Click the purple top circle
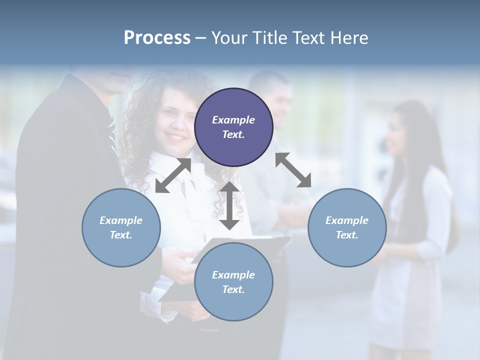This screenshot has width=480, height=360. click(x=233, y=127)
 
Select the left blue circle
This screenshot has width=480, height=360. click(x=121, y=227)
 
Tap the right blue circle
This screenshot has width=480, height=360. click(x=347, y=227)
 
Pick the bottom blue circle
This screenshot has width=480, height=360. click(x=233, y=282)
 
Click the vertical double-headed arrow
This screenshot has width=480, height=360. click(x=229, y=205)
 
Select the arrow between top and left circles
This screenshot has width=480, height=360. click(x=173, y=175)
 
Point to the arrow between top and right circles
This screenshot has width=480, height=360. click(x=293, y=170)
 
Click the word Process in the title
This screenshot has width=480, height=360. click(x=157, y=37)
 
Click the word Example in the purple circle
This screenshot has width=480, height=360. click(x=233, y=120)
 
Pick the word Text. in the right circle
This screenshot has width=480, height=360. click(x=347, y=235)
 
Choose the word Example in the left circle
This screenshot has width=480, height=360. click(x=121, y=220)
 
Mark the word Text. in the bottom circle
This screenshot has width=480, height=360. click(x=233, y=289)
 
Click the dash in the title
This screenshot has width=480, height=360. click(x=200, y=38)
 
